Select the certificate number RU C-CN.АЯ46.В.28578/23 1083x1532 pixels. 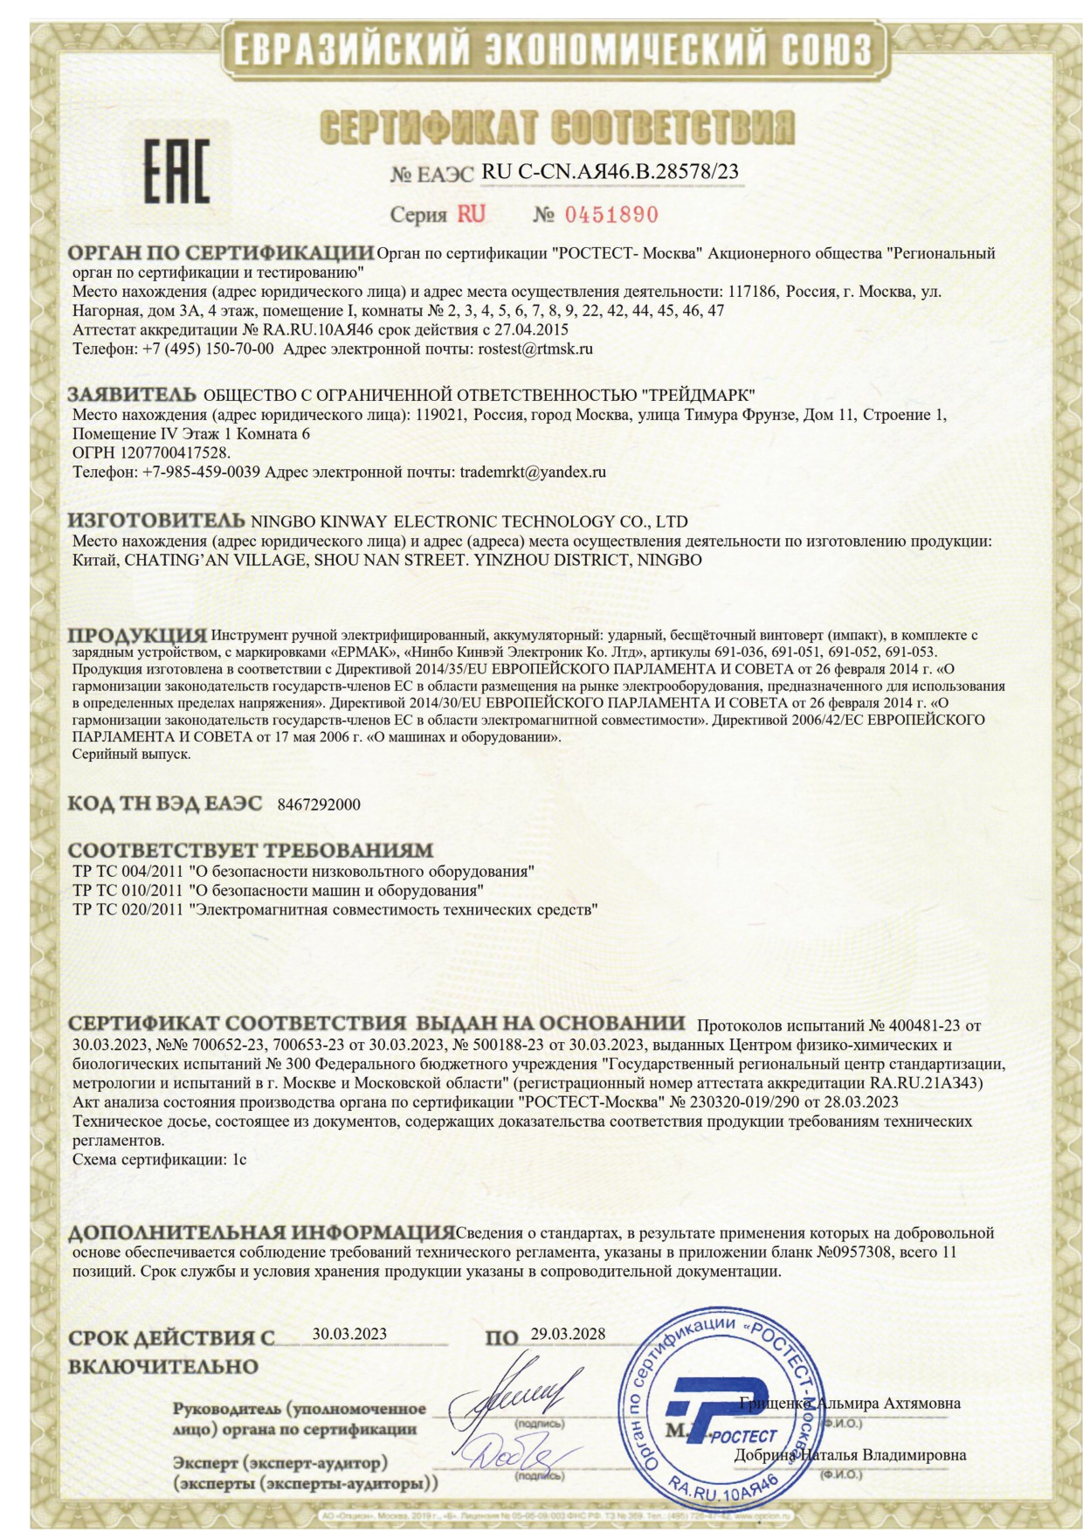tap(610, 171)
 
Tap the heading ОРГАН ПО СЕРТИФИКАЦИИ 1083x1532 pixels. tap(220, 254)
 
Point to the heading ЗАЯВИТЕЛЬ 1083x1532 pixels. tap(132, 394)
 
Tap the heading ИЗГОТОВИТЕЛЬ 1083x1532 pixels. tap(156, 521)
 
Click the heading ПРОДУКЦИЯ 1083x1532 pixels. tap(138, 635)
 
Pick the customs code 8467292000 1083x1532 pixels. tap(318, 804)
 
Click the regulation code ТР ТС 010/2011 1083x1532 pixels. tap(128, 891)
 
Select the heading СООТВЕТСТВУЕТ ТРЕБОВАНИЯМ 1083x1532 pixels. tap(251, 850)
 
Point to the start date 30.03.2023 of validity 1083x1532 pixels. tap(349, 1334)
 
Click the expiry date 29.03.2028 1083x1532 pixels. tap(568, 1334)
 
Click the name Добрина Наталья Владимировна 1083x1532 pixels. tap(850, 1455)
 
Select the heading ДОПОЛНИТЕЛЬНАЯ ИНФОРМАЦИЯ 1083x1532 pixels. tap(261, 1233)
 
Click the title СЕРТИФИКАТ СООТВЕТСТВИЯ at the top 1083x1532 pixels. tap(558, 128)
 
